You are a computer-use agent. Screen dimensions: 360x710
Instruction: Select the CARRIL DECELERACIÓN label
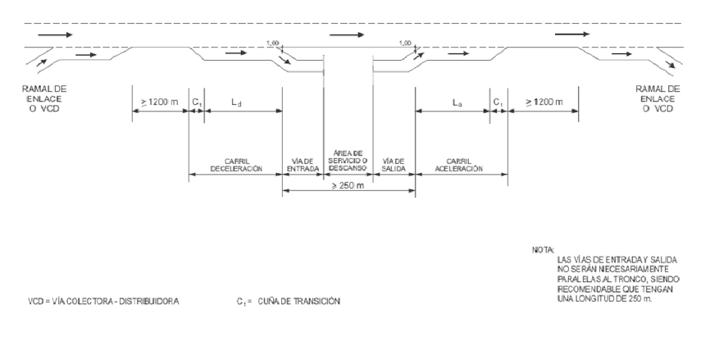235,163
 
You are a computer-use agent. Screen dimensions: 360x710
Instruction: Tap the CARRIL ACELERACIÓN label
459,163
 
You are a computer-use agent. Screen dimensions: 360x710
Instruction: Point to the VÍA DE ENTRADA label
303,163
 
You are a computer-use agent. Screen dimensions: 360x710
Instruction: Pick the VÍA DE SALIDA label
394,163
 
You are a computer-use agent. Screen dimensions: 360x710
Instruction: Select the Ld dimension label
236,103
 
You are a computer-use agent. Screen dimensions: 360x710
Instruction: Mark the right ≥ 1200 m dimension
542,103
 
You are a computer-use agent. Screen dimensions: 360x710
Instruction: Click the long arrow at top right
571,36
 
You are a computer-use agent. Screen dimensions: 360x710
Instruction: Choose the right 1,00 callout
403,44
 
